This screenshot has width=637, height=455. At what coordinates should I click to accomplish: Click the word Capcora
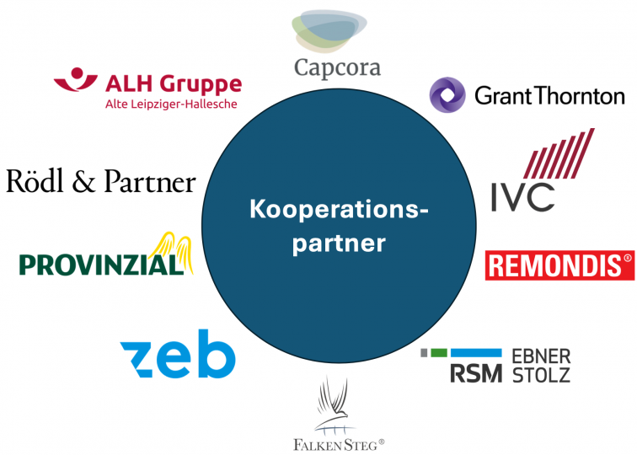pyautogui.click(x=337, y=67)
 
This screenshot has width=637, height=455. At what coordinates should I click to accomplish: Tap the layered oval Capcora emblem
pyautogui.click(x=329, y=31)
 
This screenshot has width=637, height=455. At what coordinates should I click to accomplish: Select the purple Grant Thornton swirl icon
pyautogui.click(x=447, y=95)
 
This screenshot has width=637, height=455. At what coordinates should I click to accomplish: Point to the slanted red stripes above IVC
pyautogui.click(x=559, y=153)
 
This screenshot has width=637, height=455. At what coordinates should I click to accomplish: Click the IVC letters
pyautogui.click(x=523, y=197)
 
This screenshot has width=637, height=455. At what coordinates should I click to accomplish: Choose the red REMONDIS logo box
pyautogui.click(x=559, y=265)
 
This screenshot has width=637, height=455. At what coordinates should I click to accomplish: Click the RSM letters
pyautogui.click(x=476, y=373)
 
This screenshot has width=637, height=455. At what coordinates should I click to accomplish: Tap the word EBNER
pyautogui.click(x=541, y=356)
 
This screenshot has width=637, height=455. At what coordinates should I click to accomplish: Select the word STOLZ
pyautogui.click(x=541, y=375)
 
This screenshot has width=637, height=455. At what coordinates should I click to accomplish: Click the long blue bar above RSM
pyautogui.click(x=476, y=352)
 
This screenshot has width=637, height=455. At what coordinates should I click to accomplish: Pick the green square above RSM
pyautogui.click(x=439, y=352)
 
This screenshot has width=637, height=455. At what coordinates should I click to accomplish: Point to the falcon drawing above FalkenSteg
pyautogui.click(x=335, y=406)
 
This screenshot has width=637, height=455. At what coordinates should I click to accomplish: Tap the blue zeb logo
pyautogui.click(x=178, y=354)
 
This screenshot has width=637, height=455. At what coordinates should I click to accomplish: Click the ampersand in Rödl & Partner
pyautogui.click(x=83, y=182)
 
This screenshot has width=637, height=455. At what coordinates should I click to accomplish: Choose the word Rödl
pyautogui.click(x=35, y=181)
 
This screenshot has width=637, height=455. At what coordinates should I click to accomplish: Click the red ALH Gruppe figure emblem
pyautogui.click(x=76, y=79)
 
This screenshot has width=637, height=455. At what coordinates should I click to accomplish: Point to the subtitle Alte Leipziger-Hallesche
pyautogui.click(x=171, y=104)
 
